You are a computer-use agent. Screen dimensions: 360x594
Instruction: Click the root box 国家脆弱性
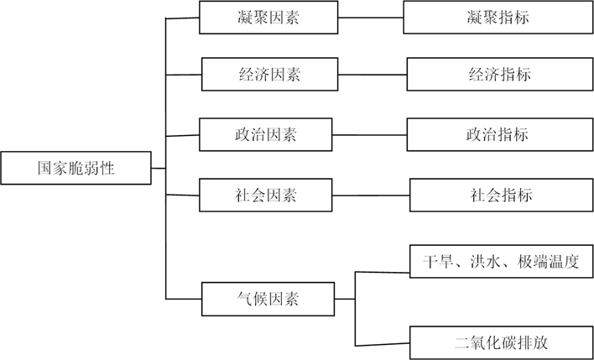[76, 168]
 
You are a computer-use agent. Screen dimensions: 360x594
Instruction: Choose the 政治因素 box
[264, 133]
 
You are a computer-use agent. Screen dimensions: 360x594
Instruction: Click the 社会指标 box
[501, 196]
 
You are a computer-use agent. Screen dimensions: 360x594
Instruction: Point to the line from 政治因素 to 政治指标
[368, 133]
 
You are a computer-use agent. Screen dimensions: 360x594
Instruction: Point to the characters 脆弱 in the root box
[84, 168]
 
